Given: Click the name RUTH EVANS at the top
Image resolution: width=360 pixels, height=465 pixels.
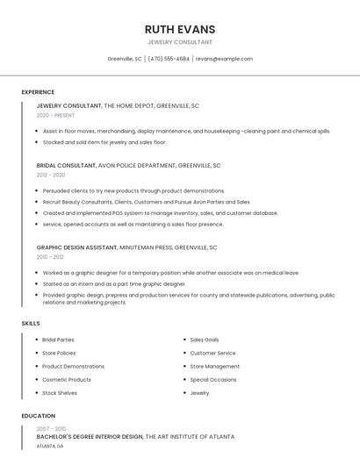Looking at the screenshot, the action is tap(179, 29).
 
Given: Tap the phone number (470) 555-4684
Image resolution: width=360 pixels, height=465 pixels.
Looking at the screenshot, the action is tap(169, 59).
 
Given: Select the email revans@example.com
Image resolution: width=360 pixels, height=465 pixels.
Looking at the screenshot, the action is tap(224, 59).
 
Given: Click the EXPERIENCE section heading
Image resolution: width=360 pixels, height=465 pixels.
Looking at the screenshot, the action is tap(38, 92).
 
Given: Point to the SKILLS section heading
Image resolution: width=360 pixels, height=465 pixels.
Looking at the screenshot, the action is tap(31, 324).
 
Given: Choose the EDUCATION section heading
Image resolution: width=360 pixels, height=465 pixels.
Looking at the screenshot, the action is tap(39, 416).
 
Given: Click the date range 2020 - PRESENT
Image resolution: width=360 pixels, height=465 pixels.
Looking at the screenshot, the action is tap(55, 115).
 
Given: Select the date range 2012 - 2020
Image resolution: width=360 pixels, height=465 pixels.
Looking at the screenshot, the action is tap(51, 175).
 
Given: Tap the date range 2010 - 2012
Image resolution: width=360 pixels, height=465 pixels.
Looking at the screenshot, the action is tap(50, 257).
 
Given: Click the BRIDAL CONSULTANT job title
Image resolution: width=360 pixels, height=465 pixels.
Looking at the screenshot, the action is tap(67, 165).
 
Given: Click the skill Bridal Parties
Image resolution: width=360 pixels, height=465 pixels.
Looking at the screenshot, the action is tap(58, 340).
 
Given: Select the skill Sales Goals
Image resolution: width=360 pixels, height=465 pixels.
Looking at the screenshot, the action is tap(205, 340).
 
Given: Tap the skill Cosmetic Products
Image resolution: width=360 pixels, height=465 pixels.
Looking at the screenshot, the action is tap(67, 380).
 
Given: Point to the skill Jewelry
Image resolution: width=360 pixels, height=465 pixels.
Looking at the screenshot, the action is tap(199, 393).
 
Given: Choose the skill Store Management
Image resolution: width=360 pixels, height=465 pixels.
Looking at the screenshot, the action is tap(214, 367).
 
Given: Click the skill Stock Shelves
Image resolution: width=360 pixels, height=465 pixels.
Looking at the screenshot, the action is tap(60, 393).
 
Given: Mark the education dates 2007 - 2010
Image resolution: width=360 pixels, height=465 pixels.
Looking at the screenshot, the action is tap(51, 428).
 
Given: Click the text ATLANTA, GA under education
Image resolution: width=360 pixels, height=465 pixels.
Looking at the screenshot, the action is tap(50, 446).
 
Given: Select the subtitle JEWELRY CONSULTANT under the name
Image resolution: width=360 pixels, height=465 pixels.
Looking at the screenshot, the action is tap(179, 42).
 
